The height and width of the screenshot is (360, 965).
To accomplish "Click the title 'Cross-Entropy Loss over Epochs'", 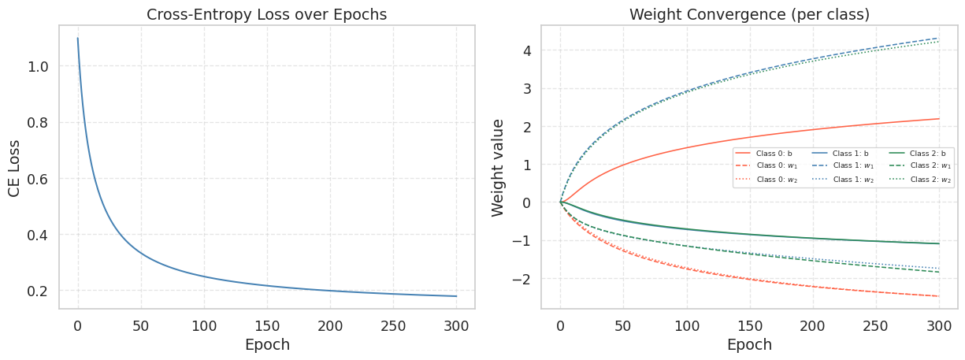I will click(267, 14).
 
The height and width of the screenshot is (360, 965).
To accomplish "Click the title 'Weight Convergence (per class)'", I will click(748, 14).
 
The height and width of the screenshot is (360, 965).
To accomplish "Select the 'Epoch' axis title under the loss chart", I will click(267, 345).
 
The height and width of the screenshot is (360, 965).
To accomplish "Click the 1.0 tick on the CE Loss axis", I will click(39, 67).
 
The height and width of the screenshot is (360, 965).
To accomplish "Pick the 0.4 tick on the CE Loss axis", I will click(39, 235).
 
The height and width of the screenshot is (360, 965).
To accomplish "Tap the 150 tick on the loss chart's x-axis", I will click(267, 325).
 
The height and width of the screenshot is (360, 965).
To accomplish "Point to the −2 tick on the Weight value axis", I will click(520, 279).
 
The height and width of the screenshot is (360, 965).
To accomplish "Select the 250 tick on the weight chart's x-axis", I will click(875, 325).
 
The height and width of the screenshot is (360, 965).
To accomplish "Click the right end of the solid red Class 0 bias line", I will click(939, 119).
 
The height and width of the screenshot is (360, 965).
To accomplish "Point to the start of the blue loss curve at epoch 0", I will click(77, 39).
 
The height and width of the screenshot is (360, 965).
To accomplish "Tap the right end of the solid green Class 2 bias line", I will click(939, 243).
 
